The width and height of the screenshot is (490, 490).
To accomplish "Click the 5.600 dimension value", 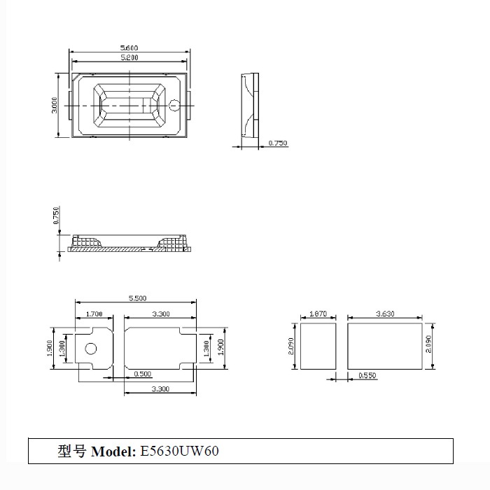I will coord(128,48).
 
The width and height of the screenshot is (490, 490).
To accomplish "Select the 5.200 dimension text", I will coord(128,57).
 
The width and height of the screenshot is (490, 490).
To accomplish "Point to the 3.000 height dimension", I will coord(55,105).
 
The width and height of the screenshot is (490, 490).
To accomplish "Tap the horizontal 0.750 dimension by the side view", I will coord(277,143).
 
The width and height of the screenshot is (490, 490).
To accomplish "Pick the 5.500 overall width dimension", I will coord(136,298).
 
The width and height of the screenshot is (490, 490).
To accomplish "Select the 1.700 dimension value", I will coord(94,314).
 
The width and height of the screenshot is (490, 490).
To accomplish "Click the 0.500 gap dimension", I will coord(142,373).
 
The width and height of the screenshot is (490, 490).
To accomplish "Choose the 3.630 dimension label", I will coord(384,314).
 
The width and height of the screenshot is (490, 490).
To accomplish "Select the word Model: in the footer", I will coord(113,451).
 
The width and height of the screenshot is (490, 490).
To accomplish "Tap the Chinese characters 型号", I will coord(73,451).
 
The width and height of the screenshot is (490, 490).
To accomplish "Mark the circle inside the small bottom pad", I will coord(90,349).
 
